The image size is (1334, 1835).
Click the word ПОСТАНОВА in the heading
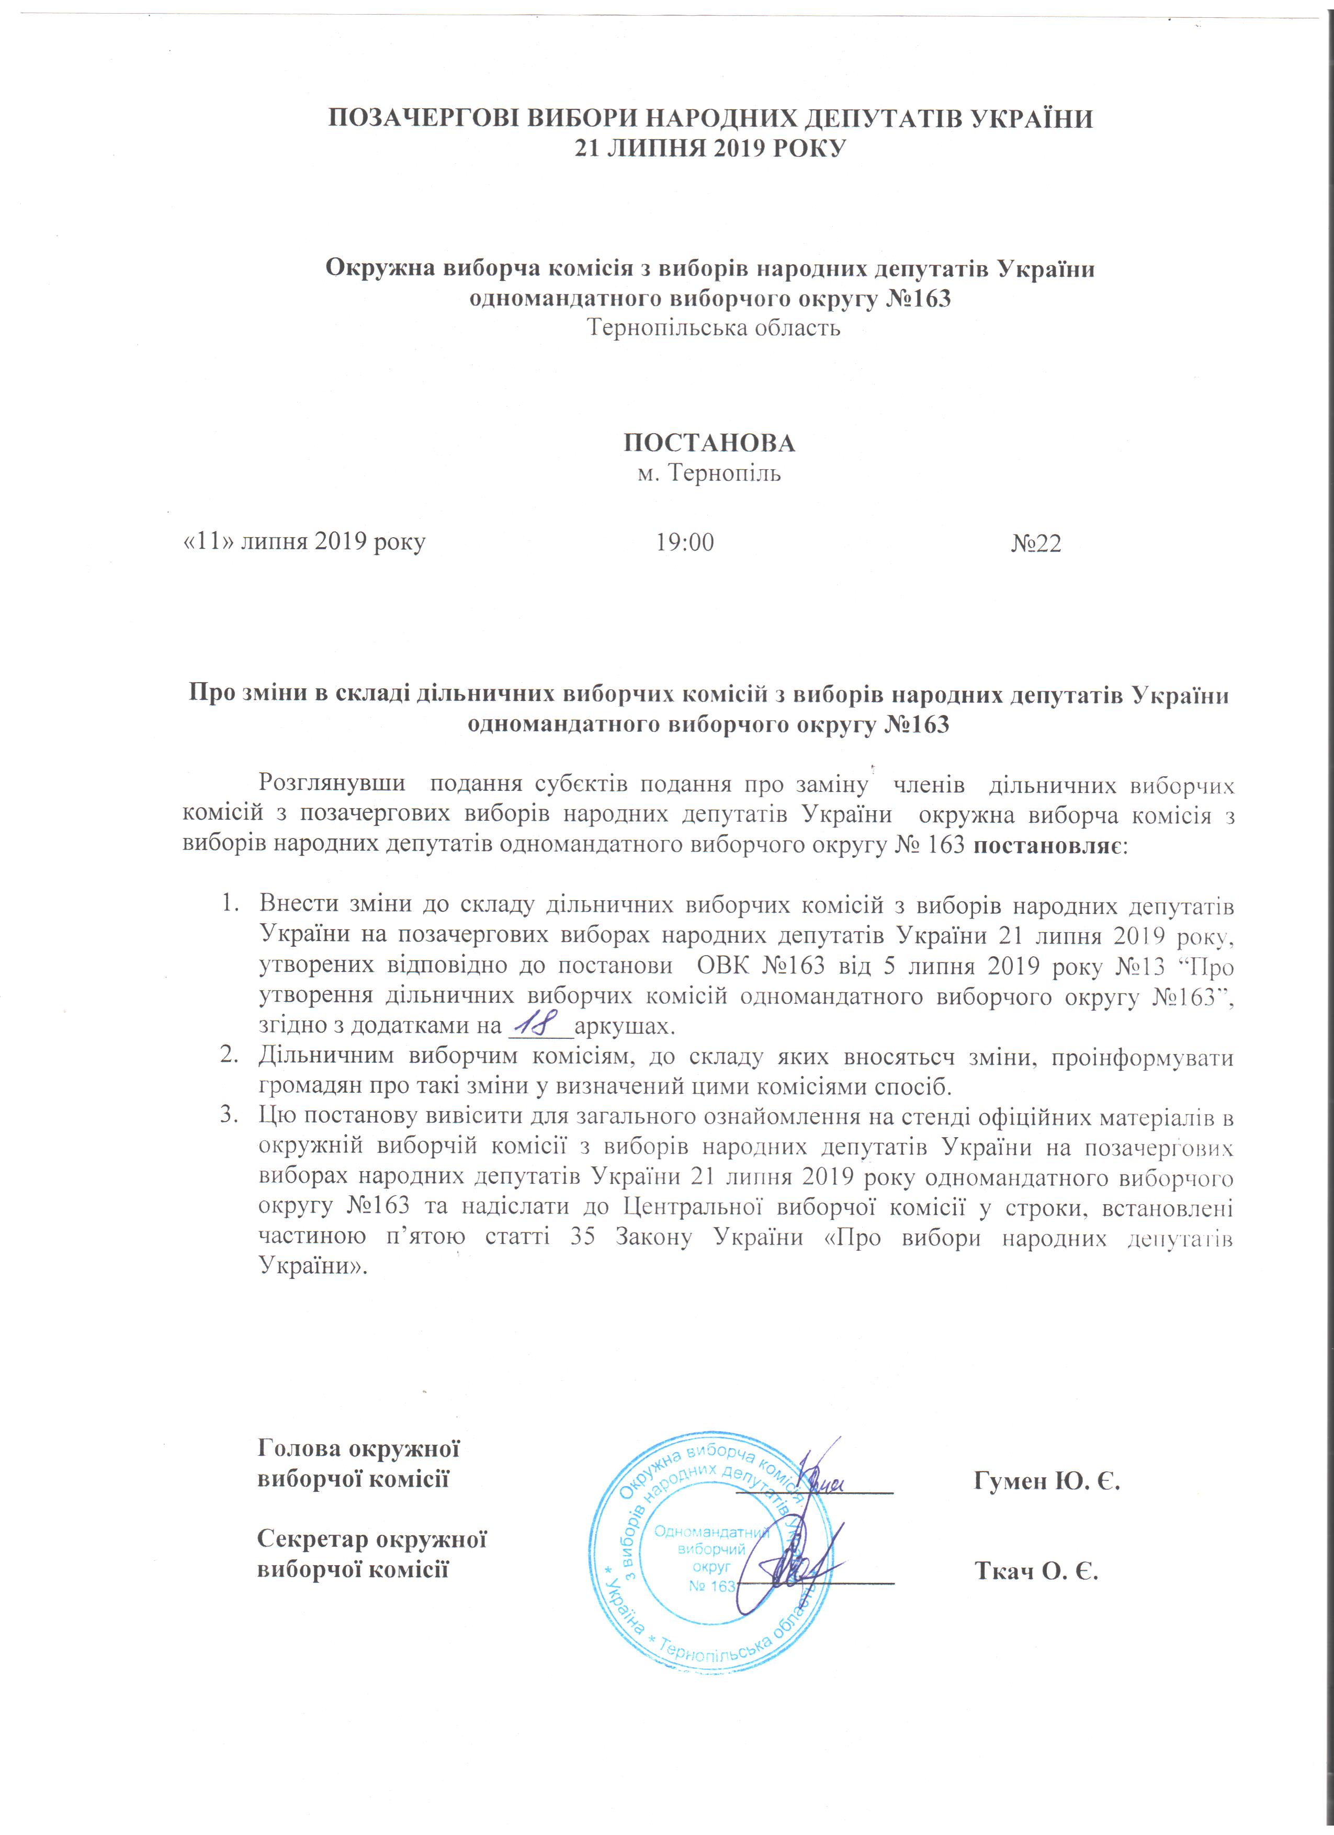coord(709,443)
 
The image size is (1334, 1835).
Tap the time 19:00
coord(684,542)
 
